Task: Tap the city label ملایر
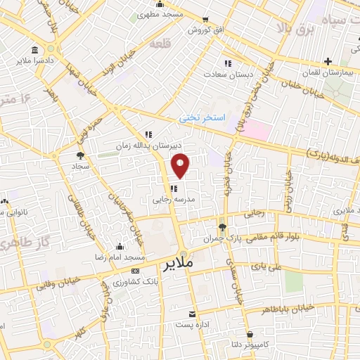[179, 264]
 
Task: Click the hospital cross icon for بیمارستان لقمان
[330, 61]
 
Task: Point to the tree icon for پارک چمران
[223, 226]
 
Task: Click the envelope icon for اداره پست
[191, 314]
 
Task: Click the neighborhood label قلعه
[160, 44]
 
